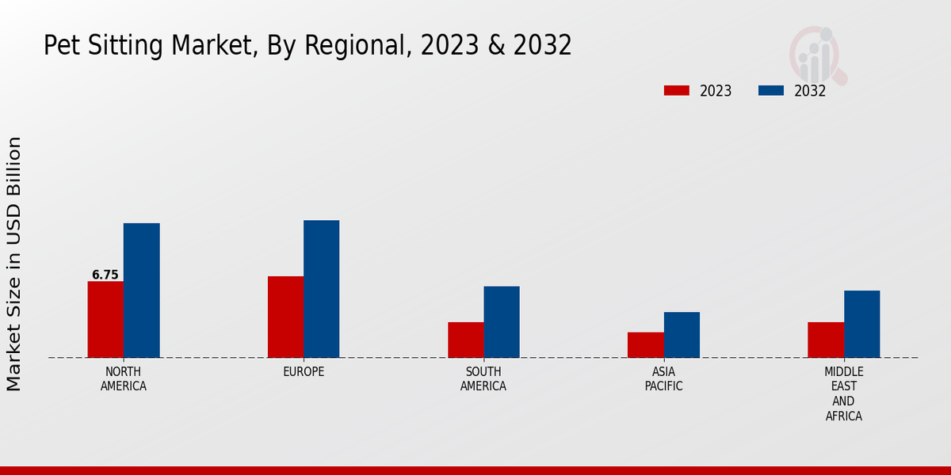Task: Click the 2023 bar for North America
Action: click(105, 319)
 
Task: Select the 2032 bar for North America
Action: click(141, 290)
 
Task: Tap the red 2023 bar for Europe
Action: click(285, 317)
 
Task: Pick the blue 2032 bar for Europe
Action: click(321, 288)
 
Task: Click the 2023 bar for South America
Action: click(465, 340)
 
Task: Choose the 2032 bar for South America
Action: click(502, 321)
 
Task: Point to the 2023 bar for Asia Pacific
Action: click(645, 344)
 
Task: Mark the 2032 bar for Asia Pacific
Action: click(682, 334)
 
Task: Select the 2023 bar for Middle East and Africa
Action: click(826, 340)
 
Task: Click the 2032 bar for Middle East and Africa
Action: click(861, 324)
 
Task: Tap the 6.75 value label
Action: click(105, 275)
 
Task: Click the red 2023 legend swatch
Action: click(676, 90)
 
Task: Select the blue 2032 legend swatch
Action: click(770, 90)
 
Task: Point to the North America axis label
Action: click(124, 379)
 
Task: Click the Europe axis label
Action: click(304, 371)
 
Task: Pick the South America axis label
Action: click(483, 379)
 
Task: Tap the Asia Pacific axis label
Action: click(663, 379)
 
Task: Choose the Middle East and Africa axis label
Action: click(843, 393)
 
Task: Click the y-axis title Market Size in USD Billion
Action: click(14, 263)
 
